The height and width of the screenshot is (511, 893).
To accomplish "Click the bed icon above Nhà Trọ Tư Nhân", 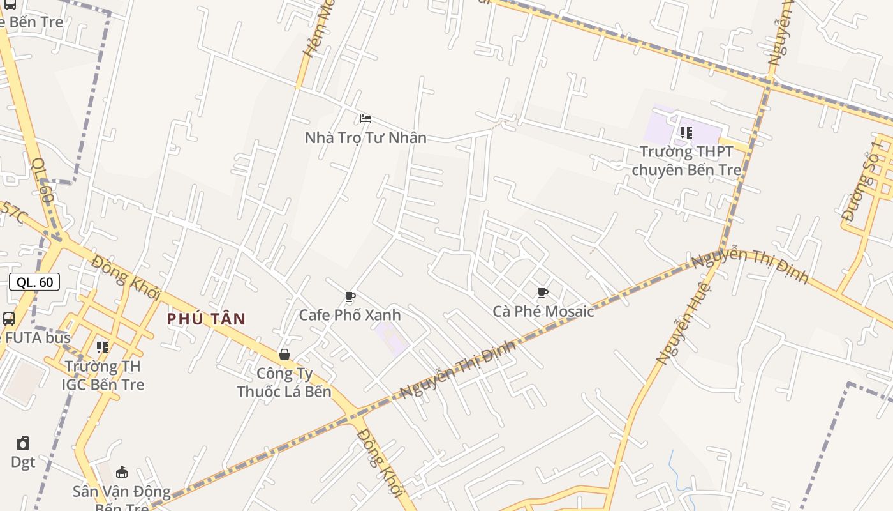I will [x=365, y=119].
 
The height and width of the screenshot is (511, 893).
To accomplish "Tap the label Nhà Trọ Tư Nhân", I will [x=365, y=137].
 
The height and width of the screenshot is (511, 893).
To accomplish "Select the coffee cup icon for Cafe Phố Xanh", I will [x=350, y=296].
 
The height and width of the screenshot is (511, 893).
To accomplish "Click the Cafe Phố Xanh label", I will [x=350, y=315].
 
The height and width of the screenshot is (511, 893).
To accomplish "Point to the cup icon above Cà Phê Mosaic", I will [x=543, y=293].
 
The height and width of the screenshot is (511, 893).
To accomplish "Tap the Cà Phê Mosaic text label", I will [x=543, y=311].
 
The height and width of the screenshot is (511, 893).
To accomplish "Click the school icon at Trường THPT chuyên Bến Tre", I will [x=686, y=133].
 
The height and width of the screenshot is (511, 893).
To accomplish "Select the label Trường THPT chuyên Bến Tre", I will [x=687, y=161].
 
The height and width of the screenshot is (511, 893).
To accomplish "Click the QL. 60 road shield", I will [x=34, y=282].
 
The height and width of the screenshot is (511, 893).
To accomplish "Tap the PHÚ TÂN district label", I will [x=207, y=319].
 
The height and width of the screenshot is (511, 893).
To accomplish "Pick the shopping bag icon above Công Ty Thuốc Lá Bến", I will [x=284, y=355].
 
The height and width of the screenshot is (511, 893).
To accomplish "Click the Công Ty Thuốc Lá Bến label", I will [x=284, y=382].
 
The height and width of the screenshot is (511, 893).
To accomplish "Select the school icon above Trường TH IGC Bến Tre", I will [x=103, y=347].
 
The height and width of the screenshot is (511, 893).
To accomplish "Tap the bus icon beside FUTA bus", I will [x=9, y=319].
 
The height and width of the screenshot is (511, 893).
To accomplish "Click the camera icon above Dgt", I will [x=23, y=443].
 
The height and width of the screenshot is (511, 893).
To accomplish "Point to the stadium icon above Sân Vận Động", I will [x=122, y=473].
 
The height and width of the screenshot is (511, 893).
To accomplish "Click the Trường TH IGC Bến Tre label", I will [x=103, y=376].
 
